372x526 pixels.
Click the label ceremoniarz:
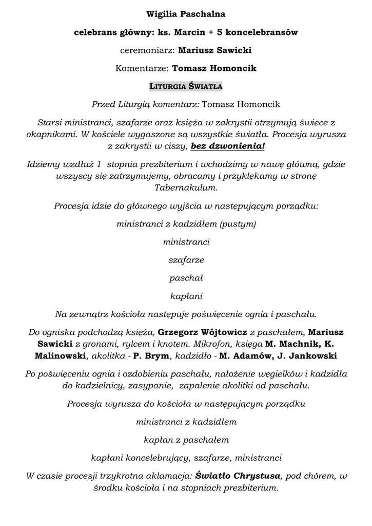148,50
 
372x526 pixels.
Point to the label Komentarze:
143,68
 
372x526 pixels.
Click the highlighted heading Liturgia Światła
186,86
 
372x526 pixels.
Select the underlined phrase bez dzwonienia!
228,146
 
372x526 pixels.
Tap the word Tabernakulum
186,188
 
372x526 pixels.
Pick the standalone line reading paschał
186,278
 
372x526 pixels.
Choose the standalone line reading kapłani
186,296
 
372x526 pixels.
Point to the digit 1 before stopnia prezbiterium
99,164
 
